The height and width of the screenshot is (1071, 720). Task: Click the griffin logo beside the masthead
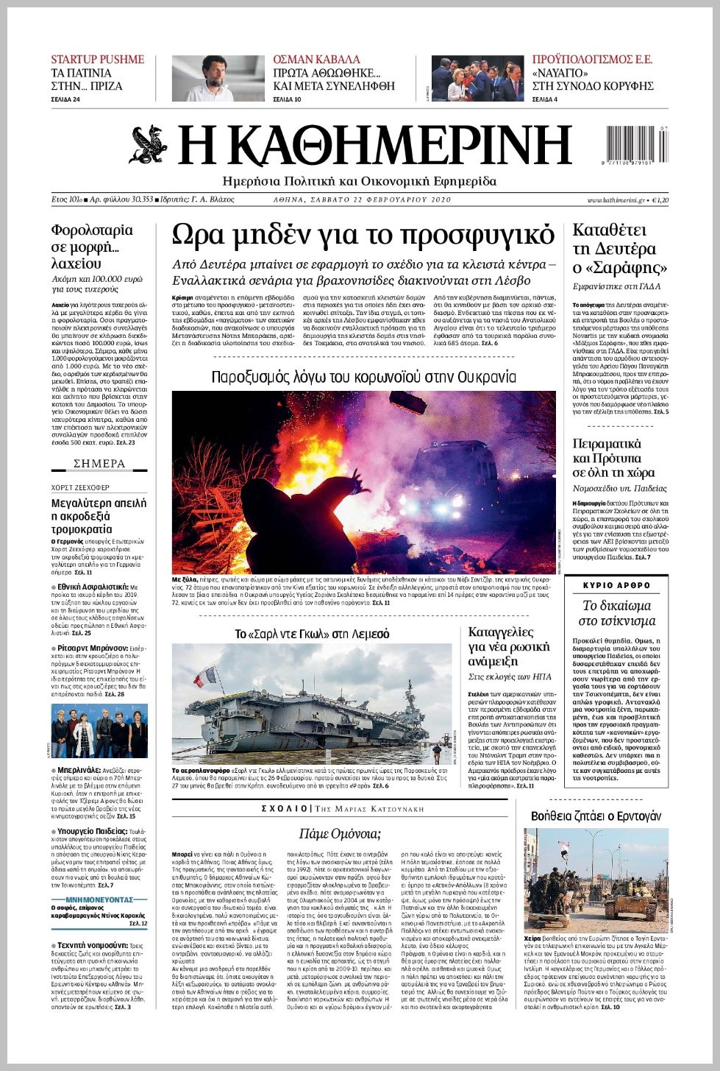tap(149, 145)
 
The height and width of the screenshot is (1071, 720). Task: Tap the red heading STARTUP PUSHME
tap(97, 60)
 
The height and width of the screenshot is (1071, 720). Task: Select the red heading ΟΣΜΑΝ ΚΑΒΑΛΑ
tap(316, 60)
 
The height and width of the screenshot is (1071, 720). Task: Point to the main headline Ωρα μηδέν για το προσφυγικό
tap(363, 235)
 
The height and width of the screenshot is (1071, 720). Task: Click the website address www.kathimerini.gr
tap(616, 200)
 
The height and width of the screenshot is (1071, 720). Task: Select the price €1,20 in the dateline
tap(660, 200)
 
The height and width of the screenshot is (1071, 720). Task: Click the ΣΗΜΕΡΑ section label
tap(99, 464)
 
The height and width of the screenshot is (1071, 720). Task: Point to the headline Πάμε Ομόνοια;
tap(340, 833)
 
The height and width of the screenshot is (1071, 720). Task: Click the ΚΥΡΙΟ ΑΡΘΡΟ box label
tap(616, 585)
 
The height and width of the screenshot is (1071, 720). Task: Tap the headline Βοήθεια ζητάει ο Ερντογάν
tap(596, 816)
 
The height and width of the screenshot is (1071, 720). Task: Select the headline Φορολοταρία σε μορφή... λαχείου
tap(92, 247)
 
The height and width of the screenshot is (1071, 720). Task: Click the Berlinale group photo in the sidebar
tap(99, 731)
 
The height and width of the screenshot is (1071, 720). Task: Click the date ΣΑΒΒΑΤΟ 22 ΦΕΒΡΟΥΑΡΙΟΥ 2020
tap(379, 200)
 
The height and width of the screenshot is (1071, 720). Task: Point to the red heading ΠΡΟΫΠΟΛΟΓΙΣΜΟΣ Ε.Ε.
tap(592, 60)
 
